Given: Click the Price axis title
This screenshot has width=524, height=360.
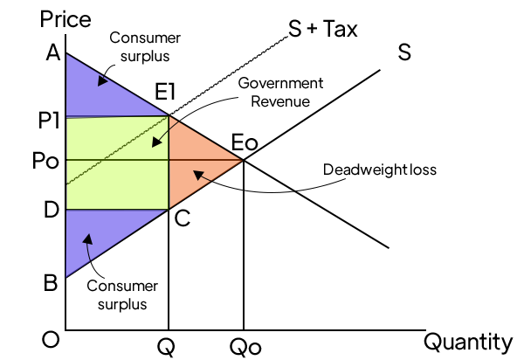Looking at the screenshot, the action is pyautogui.click(x=65, y=19).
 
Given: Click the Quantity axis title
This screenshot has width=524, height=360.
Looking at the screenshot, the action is pyautogui.click(x=468, y=343).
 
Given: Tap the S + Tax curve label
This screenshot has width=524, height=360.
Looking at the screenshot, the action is pyautogui.click(x=323, y=29).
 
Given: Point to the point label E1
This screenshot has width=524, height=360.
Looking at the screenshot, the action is pyautogui.click(x=165, y=91).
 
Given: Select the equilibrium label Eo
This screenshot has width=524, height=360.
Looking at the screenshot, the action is pyautogui.click(x=245, y=142).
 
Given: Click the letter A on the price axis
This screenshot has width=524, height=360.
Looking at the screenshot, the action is pyautogui.click(x=53, y=52).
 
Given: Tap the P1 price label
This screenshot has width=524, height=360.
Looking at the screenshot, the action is pyautogui.click(x=49, y=121).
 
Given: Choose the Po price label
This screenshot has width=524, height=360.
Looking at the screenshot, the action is pyautogui.click(x=45, y=161).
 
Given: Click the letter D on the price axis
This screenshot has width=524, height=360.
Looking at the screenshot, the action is pyautogui.click(x=52, y=210).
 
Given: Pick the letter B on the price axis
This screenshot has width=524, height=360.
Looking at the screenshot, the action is pyautogui.click(x=51, y=283).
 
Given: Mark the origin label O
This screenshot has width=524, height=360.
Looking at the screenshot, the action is pyautogui.click(x=51, y=340).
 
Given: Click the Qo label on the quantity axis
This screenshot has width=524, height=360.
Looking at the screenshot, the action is pyautogui.click(x=245, y=348).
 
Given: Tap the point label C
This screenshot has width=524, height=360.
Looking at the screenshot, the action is pyautogui.click(x=183, y=219).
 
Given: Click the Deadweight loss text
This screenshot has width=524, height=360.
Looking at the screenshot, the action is pyautogui.click(x=380, y=170).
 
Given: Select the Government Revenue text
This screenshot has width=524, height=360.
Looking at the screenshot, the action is pyautogui.click(x=280, y=93).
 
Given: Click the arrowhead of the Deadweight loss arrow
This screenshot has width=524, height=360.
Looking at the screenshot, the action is pyautogui.click(x=198, y=175).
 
